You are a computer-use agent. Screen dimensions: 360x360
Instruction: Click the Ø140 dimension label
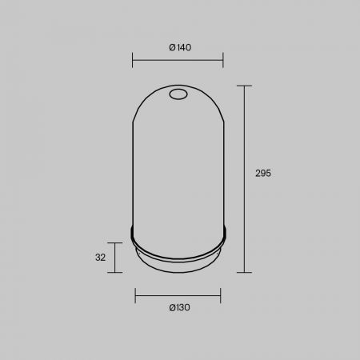pyautogui.click(x=180, y=47)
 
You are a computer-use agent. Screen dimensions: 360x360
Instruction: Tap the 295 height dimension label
pyautogui.click(x=263, y=174)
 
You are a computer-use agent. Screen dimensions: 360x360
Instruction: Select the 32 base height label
pyautogui.click(x=100, y=258)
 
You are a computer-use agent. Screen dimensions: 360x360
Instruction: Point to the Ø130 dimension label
pyautogui.click(x=179, y=307)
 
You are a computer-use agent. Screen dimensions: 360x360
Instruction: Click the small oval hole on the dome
pyautogui.click(x=178, y=94)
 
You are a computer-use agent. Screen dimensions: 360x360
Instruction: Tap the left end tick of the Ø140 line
pyautogui.click(x=132, y=60)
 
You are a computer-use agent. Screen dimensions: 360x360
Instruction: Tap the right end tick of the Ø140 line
pyautogui.click(x=223, y=60)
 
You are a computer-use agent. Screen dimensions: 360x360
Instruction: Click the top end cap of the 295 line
pyautogui.click(x=244, y=86)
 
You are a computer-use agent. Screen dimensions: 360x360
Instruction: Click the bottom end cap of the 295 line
pyautogui.click(x=244, y=272)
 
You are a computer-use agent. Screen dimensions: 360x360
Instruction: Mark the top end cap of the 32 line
pyautogui.click(x=114, y=243)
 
